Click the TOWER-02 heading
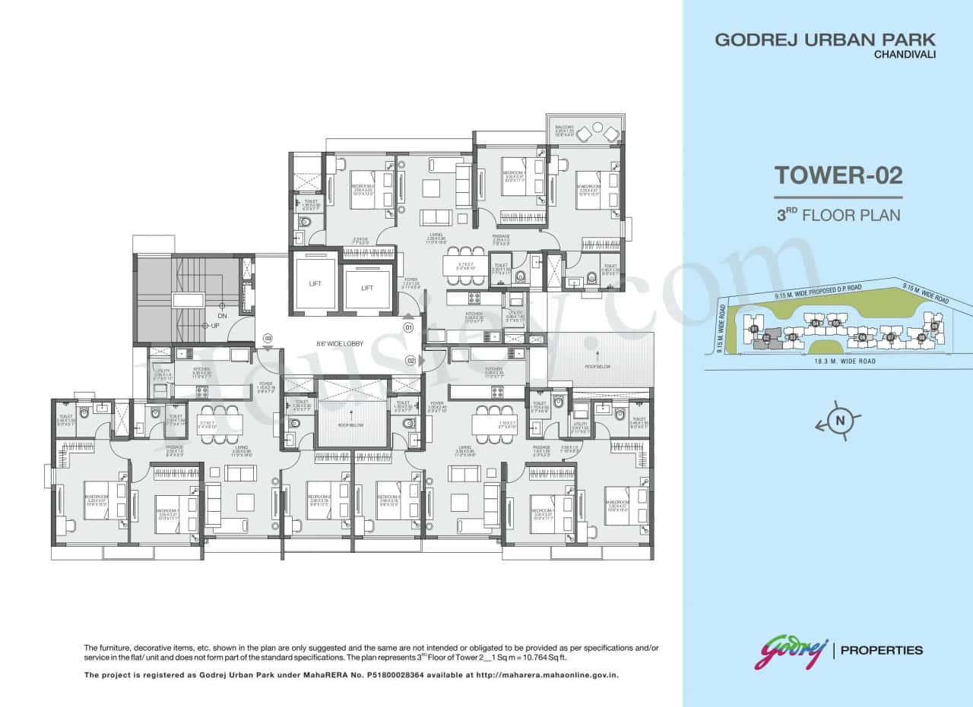point(838,175)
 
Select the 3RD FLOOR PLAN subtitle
point(838,215)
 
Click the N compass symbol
point(840,421)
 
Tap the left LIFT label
point(315,282)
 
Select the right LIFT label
point(367,289)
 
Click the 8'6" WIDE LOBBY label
point(340,344)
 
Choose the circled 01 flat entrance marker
point(408,328)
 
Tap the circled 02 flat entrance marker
point(410,361)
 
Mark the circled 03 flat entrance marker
point(268,339)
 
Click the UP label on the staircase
point(216,325)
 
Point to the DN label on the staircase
point(222,316)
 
